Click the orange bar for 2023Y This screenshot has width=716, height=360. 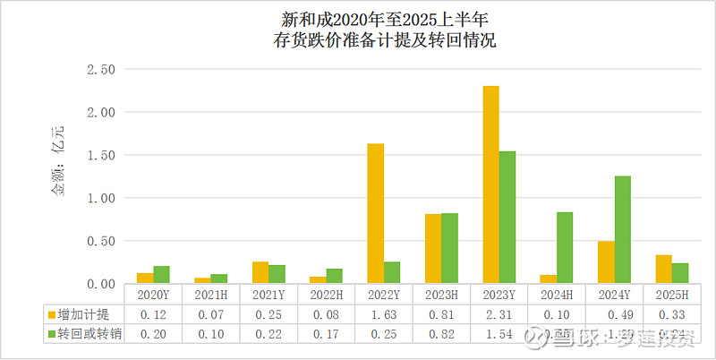click(x=490, y=184)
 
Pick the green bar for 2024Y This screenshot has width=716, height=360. click(x=622, y=229)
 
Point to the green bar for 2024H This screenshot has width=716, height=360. click(x=565, y=247)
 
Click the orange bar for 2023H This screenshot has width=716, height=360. click(x=433, y=248)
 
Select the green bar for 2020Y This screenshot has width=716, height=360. click(x=161, y=274)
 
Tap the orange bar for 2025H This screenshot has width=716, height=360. click(x=663, y=269)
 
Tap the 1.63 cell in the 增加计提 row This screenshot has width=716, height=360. click(x=383, y=313)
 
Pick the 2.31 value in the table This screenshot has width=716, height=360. click(x=499, y=313)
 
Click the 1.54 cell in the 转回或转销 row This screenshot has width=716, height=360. click(x=499, y=333)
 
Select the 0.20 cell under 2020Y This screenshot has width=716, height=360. click(x=152, y=333)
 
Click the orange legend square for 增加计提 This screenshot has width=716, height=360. click(x=51, y=313)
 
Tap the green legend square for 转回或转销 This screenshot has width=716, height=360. click(x=51, y=333)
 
